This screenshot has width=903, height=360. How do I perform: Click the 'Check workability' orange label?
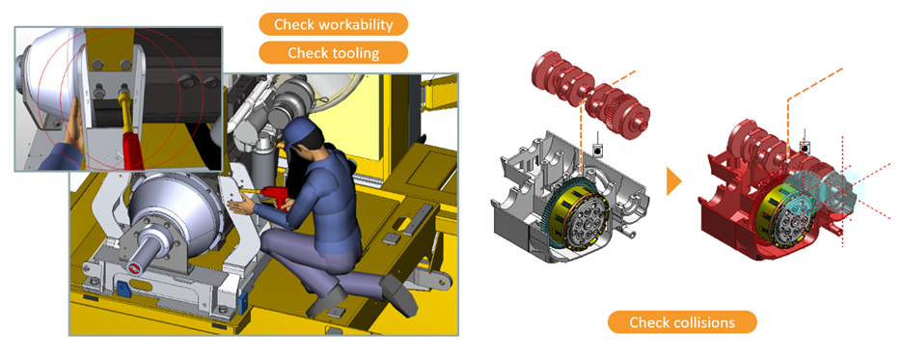[x=333, y=24]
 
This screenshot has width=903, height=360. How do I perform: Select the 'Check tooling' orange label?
[x=333, y=52]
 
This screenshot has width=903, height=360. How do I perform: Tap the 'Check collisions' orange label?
[x=682, y=322]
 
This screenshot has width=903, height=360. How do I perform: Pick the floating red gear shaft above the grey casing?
[x=583, y=92]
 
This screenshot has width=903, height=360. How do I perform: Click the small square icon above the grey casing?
[x=599, y=151]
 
